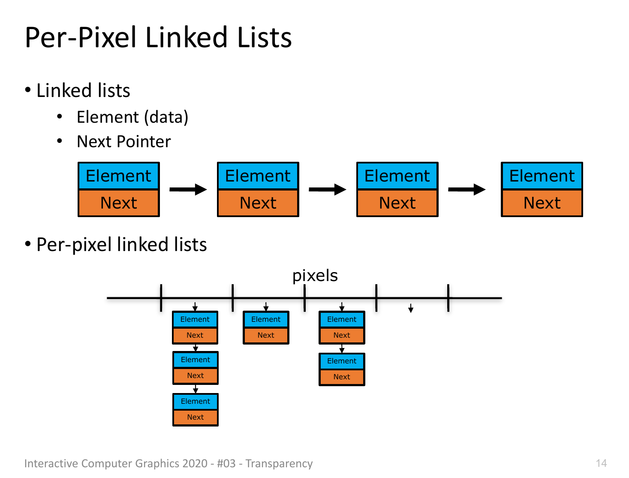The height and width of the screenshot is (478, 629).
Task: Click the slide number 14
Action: (x=601, y=463)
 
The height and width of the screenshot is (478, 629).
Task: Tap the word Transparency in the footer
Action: (x=279, y=463)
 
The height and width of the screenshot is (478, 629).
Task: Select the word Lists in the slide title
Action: (x=264, y=37)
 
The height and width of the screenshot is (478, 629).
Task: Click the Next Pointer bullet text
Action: (x=123, y=141)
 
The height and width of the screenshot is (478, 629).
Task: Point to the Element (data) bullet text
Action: (x=132, y=117)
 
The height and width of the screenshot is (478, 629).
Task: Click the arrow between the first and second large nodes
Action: (x=188, y=189)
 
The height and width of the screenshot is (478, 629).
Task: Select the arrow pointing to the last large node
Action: (x=466, y=189)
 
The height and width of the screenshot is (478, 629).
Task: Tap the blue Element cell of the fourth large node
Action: (x=542, y=175)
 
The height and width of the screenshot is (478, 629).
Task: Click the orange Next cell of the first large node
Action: (x=119, y=203)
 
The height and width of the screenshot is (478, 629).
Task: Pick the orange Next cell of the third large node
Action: (x=397, y=203)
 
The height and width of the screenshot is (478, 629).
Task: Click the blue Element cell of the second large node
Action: (x=258, y=175)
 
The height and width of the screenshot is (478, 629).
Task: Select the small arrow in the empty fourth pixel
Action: (x=411, y=308)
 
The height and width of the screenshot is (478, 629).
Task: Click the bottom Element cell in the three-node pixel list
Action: (x=196, y=401)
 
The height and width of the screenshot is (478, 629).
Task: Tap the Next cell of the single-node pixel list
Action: (x=266, y=335)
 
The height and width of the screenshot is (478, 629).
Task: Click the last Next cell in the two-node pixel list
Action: (x=342, y=376)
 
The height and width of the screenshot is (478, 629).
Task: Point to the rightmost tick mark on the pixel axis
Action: (x=448, y=298)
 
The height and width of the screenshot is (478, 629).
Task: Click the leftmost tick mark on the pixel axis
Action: (x=161, y=298)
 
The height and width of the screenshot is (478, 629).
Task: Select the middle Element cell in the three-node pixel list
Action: (x=196, y=360)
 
